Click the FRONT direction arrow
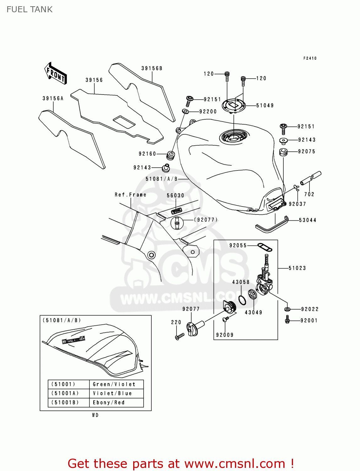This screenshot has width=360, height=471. point(56,73)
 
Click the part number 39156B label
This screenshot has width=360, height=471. point(151,68)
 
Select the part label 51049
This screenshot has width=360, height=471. point(265,106)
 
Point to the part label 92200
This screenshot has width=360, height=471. point(208,111)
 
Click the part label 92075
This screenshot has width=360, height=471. point(307,151)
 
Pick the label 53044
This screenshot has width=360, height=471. point(307,220)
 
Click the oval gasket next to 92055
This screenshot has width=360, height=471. point(265,247)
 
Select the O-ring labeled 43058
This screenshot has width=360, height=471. point(242,300)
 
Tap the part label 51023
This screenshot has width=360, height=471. point(297,268)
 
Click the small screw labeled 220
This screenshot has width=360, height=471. point(179,337)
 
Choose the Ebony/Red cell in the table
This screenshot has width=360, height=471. point(109,403)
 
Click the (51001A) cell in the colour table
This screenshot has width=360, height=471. point(65,393)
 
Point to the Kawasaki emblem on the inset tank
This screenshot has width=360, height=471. point(74,340)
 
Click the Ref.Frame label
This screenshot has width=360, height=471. point(130,195)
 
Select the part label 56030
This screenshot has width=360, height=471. point(175,195)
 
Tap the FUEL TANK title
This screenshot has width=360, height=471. point(30,9)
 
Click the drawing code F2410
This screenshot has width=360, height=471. point(310,58)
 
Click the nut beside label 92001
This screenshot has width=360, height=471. point(287,320)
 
